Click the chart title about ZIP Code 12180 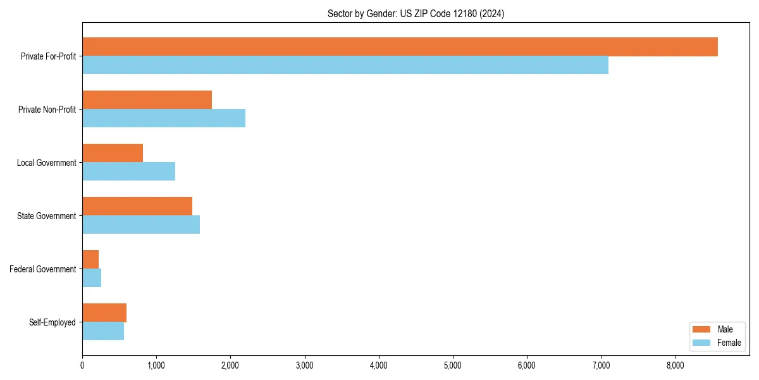[416, 13]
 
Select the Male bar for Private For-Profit [400, 47]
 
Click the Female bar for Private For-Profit [345, 65]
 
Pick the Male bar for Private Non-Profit [147, 100]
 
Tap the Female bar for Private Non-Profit [164, 118]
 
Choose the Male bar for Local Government [113, 153]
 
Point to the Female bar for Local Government [128, 172]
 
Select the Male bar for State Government [137, 206]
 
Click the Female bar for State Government [141, 225]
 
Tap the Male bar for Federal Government [90, 260]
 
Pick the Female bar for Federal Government [92, 278]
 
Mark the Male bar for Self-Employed [104, 313]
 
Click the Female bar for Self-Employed [103, 331]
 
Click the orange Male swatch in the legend [701, 330]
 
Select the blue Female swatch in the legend [701, 343]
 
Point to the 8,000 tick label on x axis [676, 365]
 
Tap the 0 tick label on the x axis [82, 365]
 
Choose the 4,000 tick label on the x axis [379, 365]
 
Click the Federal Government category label [43, 269]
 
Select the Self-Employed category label [52, 322]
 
